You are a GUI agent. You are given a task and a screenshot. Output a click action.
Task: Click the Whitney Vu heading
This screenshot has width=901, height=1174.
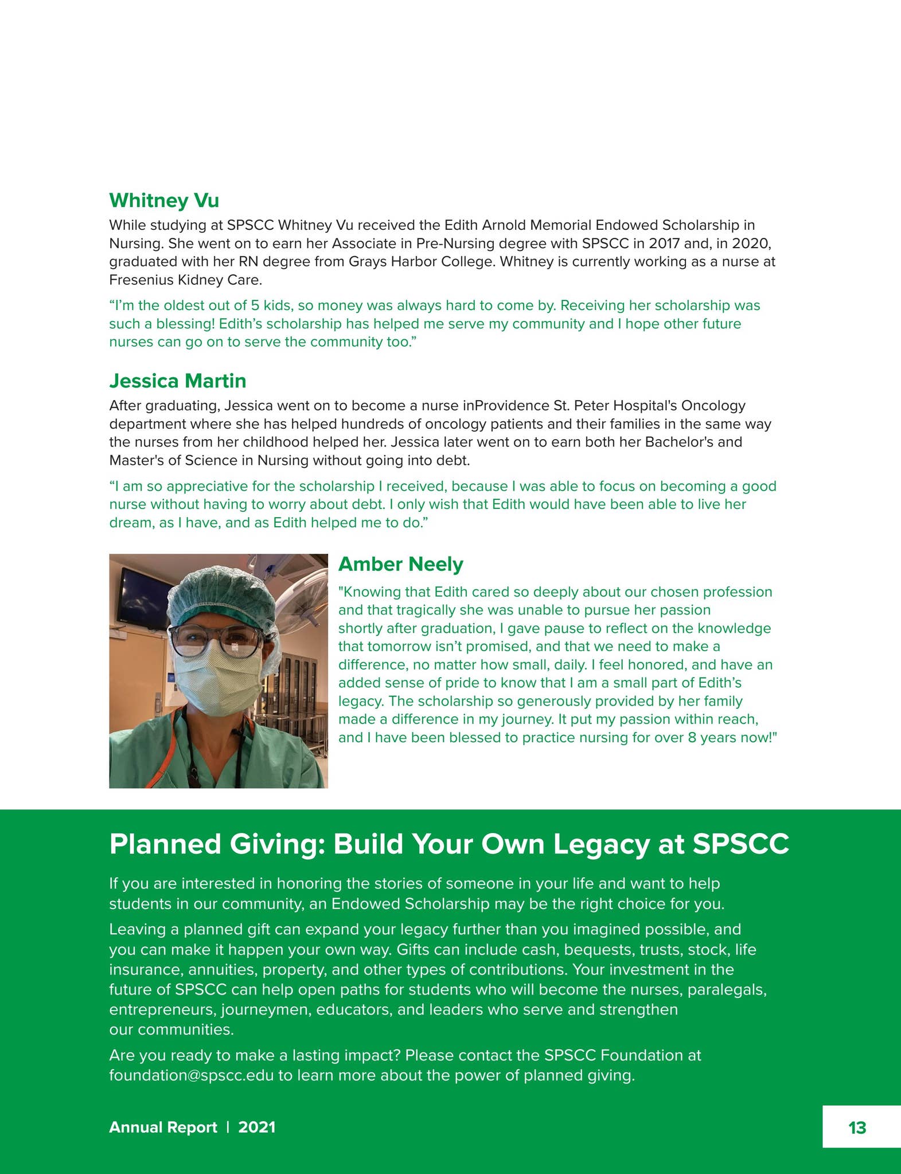coord(164,201)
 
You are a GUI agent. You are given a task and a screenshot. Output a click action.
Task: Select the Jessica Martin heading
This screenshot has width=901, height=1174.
coord(178,381)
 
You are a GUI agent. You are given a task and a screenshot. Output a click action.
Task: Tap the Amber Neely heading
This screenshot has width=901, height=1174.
coord(400,564)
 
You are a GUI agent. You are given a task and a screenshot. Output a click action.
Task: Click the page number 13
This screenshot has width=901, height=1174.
coord(857,1128)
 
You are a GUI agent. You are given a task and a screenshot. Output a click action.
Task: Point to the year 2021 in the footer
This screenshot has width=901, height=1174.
coord(257,1127)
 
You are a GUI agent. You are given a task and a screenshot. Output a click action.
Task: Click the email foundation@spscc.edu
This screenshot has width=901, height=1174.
coord(192,1075)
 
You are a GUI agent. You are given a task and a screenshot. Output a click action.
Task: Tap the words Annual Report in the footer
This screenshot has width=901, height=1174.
coord(163,1127)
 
